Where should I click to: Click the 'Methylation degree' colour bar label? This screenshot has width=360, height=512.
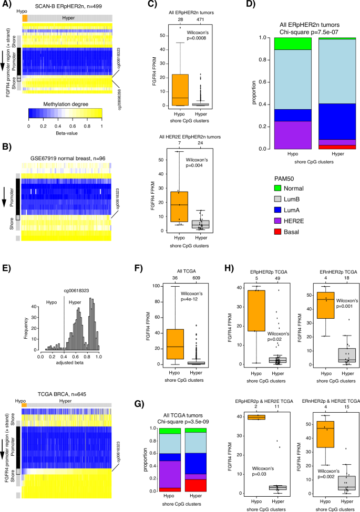65,105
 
